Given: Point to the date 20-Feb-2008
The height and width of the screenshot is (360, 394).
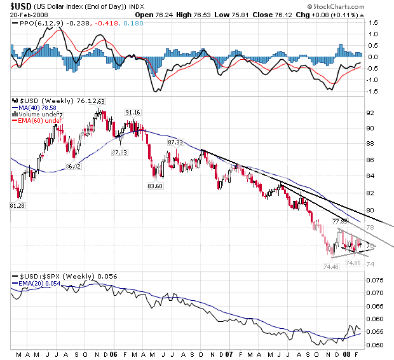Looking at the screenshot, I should tap(25, 15).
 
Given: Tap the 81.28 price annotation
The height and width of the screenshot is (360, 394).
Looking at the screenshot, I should tap(18, 206).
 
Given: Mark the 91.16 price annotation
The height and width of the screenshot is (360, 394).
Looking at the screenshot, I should tap(132, 113).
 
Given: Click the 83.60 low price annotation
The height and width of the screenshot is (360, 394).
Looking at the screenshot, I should tap(156, 186).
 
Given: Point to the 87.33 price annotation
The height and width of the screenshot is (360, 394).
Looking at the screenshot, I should tap(175, 142).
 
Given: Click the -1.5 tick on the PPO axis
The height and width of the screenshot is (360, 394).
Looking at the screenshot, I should tap(374, 91).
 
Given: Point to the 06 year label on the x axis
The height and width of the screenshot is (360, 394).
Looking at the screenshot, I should tap(113, 354).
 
